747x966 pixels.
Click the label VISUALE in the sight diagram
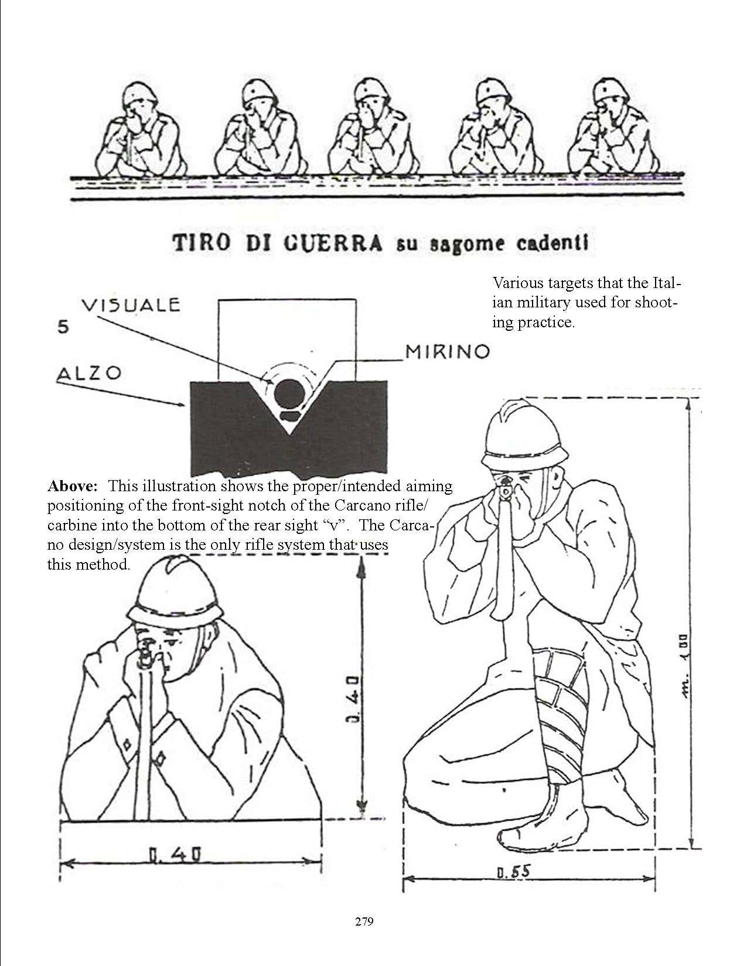click(131, 305)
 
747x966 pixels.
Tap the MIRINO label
click(447, 352)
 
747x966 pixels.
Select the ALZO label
click(89, 374)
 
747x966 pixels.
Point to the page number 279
click(364, 922)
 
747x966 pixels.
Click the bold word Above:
click(73, 486)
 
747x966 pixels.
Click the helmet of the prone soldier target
click(175, 590)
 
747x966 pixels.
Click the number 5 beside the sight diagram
click(64, 327)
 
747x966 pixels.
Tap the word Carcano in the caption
click(361, 505)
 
